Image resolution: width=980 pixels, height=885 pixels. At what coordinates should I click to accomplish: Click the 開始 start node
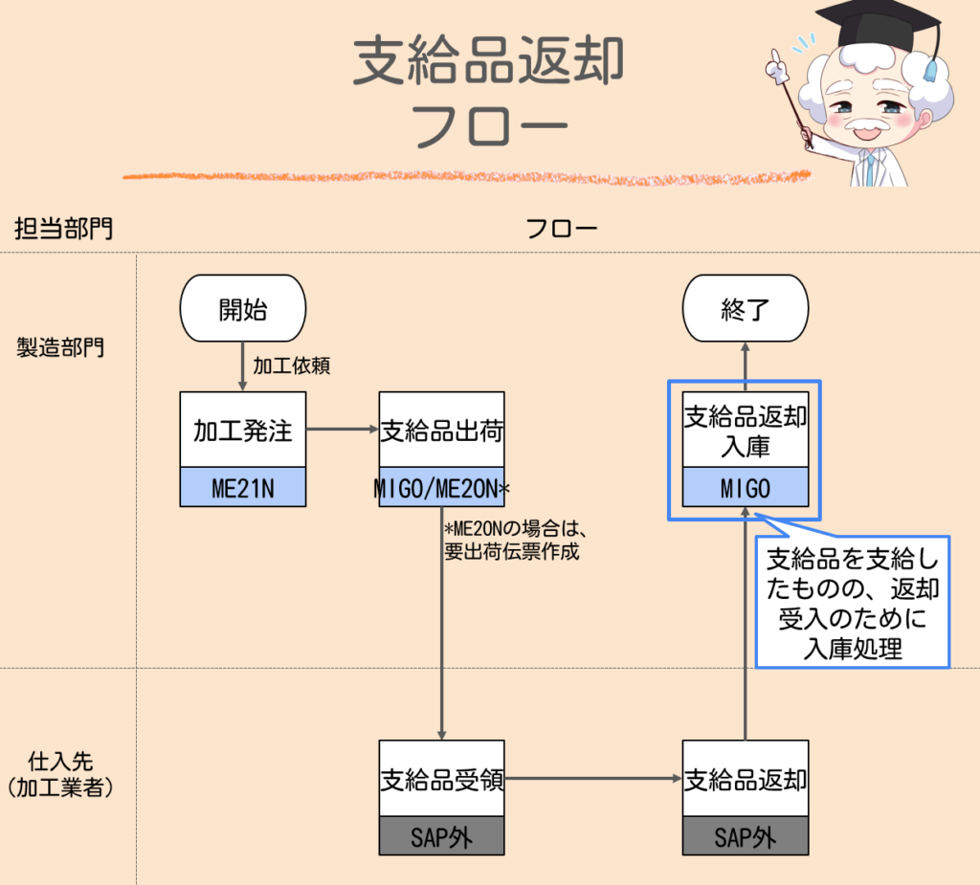tap(243, 310)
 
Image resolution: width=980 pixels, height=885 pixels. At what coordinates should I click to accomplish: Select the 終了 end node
tap(745, 310)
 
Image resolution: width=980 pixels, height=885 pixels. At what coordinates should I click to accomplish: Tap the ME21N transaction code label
tap(243, 489)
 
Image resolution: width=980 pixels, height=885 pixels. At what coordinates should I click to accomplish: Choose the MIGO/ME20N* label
tap(441, 489)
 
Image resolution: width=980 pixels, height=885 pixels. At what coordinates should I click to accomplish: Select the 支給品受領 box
tap(441, 780)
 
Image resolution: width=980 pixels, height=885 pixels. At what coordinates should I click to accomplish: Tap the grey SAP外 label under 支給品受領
tap(441, 837)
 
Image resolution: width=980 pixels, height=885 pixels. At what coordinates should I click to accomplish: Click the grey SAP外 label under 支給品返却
tap(745, 837)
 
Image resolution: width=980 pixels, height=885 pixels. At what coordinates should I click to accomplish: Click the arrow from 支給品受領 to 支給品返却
tap(593, 779)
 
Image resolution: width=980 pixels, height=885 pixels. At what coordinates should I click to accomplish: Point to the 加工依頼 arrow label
tap(291, 366)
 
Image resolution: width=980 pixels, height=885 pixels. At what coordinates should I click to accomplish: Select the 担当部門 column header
tap(62, 229)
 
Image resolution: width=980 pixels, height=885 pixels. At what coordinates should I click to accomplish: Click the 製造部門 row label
tap(60, 346)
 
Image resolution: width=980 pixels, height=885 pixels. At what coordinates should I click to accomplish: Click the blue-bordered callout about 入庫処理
tap(852, 603)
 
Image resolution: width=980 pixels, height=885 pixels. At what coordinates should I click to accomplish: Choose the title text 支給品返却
tap(489, 62)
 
